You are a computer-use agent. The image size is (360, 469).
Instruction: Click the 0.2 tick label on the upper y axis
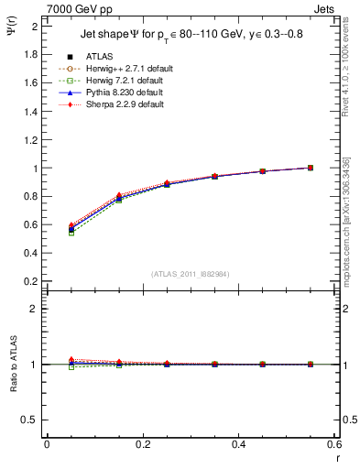[31, 281]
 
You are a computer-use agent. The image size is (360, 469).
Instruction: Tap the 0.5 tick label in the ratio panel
[31, 420]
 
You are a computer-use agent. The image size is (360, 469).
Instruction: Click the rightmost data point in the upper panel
[310, 168]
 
